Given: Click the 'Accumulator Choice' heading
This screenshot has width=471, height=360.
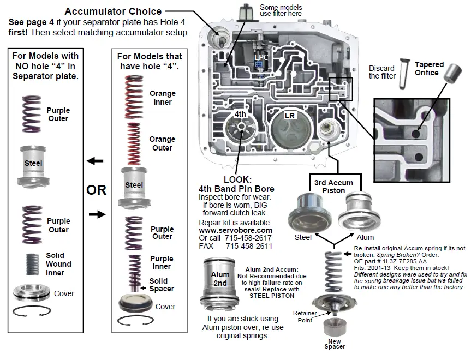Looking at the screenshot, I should (113, 11).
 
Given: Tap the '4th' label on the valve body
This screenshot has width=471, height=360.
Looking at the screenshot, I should (241, 115).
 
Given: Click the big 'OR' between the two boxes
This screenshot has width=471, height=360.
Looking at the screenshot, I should (96, 190).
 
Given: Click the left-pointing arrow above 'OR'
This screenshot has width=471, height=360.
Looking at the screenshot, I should (95, 161).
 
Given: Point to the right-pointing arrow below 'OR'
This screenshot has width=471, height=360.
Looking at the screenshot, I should (97, 214).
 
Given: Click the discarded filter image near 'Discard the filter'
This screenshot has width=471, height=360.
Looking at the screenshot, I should (404, 68).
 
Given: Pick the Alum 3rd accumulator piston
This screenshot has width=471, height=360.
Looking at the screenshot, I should (360, 214).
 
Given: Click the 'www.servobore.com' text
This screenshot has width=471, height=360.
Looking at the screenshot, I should (235, 231).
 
